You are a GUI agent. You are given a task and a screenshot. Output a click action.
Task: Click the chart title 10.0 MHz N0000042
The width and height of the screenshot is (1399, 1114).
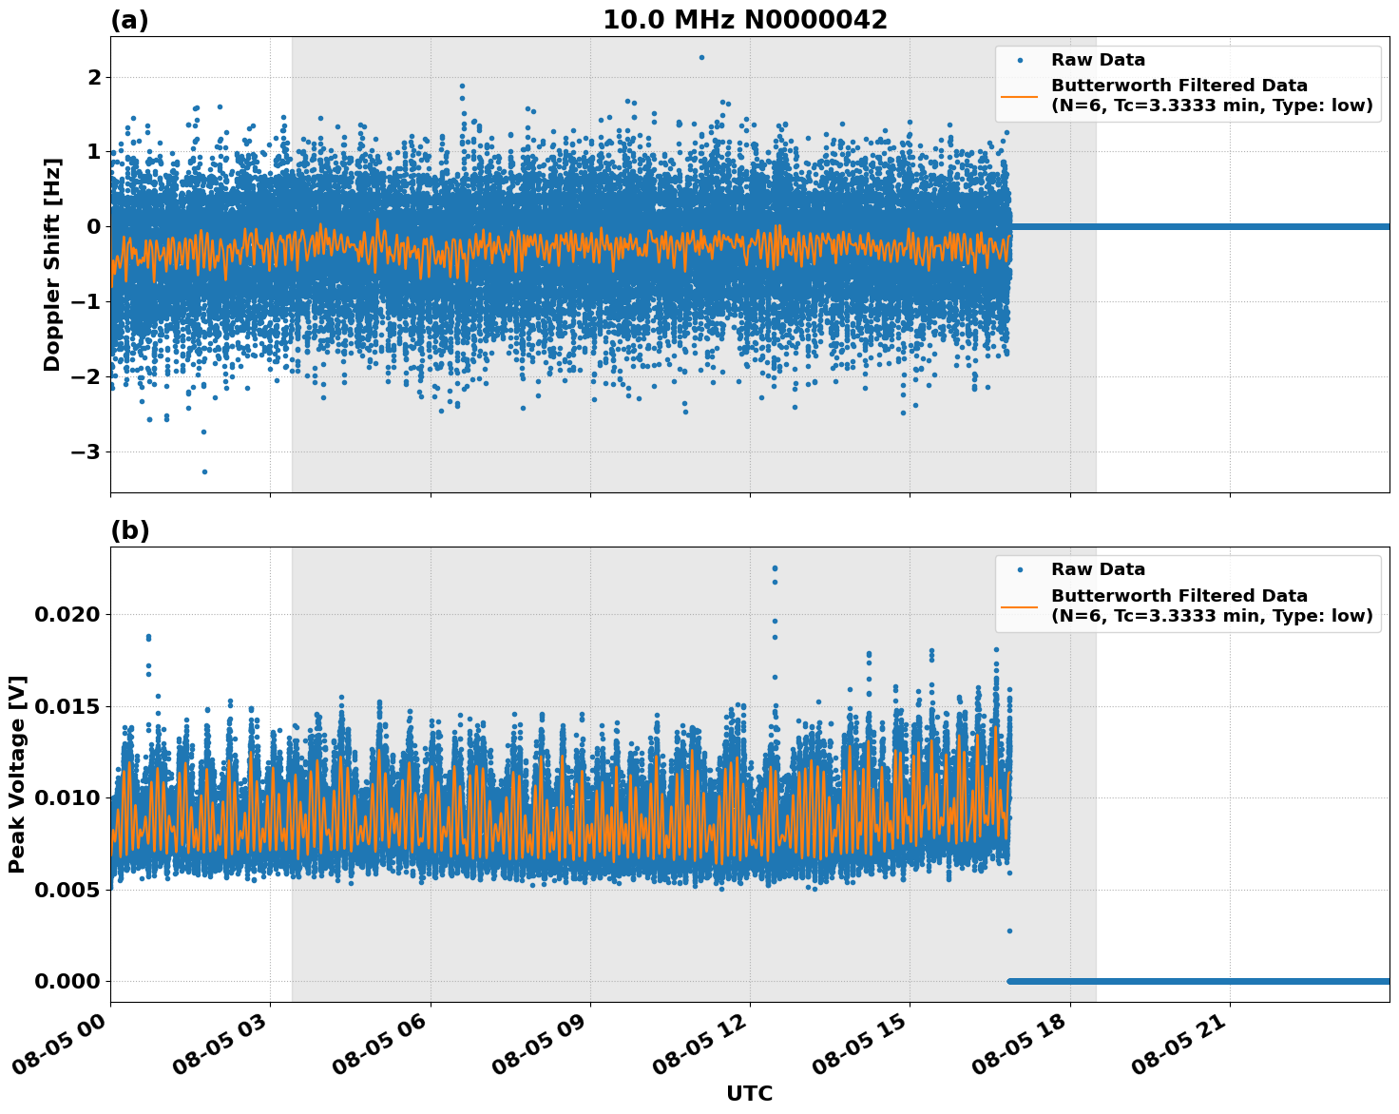(x=745, y=20)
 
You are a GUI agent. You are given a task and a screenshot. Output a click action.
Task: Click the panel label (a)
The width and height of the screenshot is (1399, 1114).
(x=129, y=20)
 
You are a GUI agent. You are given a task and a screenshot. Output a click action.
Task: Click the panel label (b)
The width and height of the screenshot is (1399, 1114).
(x=129, y=530)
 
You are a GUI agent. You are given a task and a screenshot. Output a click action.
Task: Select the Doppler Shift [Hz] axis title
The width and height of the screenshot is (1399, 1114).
(x=52, y=264)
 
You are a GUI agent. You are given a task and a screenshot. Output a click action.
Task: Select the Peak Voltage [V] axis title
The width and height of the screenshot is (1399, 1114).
(x=17, y=775)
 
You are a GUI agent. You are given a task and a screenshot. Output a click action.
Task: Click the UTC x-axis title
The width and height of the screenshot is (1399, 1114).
(x=749, y=1093)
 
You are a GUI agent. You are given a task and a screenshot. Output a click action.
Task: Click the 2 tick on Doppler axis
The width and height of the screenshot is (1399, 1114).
(x=93, y=77)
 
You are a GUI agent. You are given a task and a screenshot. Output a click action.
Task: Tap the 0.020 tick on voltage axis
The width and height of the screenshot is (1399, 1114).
(x=67, y=614)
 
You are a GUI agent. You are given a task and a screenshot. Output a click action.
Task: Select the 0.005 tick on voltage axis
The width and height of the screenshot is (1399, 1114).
(x=67, y=890)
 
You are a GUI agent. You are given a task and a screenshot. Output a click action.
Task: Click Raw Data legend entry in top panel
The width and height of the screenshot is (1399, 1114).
(x=1098, y=60)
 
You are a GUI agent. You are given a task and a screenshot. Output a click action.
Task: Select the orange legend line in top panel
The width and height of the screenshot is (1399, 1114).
(x=1019, y=95)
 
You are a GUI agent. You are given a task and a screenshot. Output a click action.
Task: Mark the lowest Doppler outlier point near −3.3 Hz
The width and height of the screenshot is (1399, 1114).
(x=204, y=471)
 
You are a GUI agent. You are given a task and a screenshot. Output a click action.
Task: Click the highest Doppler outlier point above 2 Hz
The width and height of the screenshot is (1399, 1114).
(x=701, y=57)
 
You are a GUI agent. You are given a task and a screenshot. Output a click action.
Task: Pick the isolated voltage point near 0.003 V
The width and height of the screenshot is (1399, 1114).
(x=1009, y=931)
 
